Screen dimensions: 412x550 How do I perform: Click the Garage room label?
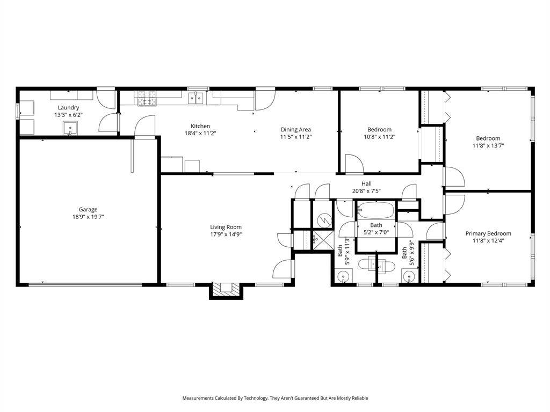tap(88, 209)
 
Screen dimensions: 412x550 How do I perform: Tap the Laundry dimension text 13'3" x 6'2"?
tap(68, 115)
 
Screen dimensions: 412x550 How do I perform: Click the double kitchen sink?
tap(196, 98)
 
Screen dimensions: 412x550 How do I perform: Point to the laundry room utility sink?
tap(70, 127)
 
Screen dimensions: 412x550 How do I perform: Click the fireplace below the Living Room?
tap(225, 290)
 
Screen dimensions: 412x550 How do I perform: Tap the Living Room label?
tap(226, 226)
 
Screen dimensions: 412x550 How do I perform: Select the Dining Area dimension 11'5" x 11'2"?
tap(295, 137)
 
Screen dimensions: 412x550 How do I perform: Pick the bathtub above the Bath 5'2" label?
tap(376, 209)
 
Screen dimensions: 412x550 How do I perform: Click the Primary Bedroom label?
tap(488, 233)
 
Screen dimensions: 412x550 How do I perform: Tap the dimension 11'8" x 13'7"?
tap(488, 145)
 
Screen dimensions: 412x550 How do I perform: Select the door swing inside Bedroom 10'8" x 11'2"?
tap(354, 164)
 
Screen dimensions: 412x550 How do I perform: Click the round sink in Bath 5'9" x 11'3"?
tap(344, 276)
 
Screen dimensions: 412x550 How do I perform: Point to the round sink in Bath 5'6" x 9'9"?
tap(409, 276)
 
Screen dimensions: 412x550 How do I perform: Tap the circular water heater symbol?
tap(324, 219)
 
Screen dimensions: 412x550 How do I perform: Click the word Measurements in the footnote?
tap(200, 398)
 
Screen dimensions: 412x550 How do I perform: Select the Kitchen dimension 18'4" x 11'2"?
tap(200, 133)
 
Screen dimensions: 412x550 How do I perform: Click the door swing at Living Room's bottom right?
tap(284, 268)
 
